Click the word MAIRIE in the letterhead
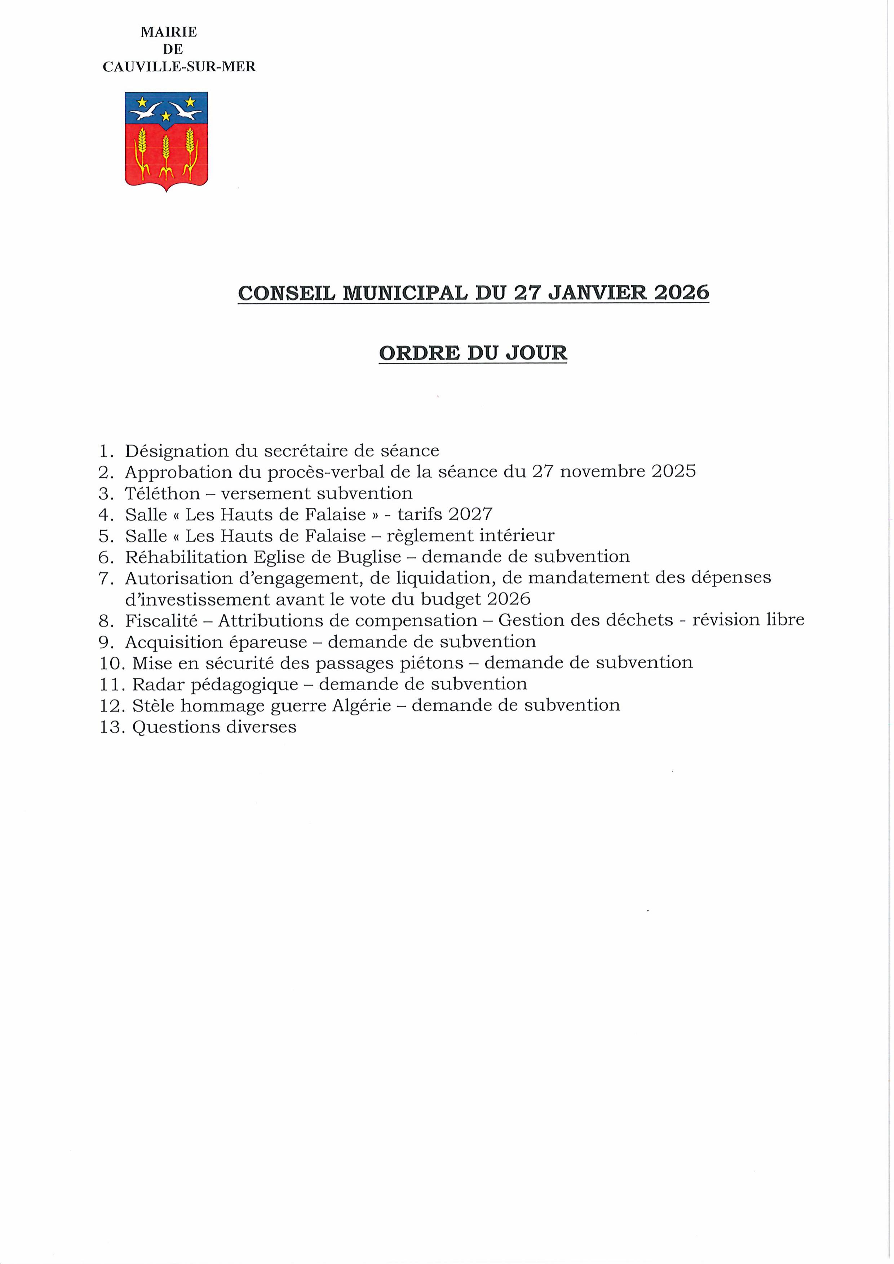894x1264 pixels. [169, 32]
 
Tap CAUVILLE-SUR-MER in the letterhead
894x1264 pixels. [179, 67]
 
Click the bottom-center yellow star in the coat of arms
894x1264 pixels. [166, 116]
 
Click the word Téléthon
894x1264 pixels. [163, 493]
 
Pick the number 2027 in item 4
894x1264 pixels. [470, 514]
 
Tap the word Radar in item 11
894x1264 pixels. [158, 684]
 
